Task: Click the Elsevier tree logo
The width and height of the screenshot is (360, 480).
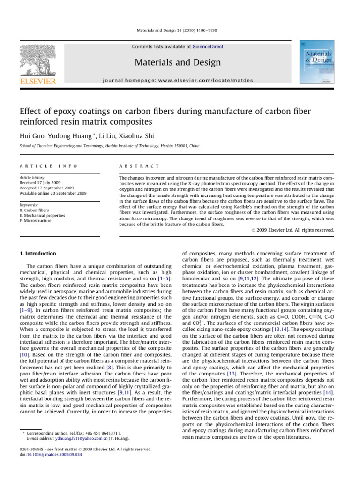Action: coord(37,60)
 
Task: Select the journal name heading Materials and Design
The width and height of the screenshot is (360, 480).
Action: coord(178,62)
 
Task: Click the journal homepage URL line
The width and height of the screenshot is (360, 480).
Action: coord(178,81)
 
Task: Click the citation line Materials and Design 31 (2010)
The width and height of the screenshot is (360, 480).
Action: coord(180,31)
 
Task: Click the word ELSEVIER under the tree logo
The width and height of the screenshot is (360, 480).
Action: coord(37,82)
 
